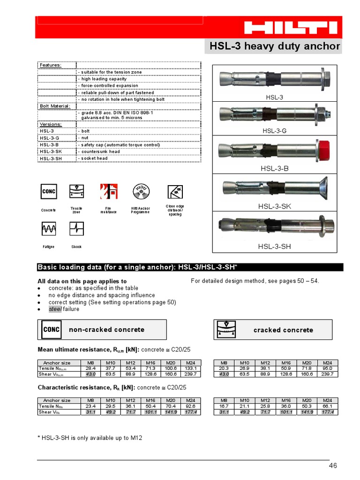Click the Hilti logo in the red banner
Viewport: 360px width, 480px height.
click(291, 28)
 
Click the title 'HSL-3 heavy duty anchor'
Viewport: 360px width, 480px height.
click(274, 46)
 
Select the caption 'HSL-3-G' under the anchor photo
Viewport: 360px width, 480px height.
click(275, 131)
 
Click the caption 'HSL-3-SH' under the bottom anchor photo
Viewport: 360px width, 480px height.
click(274, 246)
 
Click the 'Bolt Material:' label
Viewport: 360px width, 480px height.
click(54, 106)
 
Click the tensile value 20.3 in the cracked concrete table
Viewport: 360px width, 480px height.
click(224, 368)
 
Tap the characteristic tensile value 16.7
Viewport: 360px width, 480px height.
click(224, 406)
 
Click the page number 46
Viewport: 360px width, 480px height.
click(332, 465)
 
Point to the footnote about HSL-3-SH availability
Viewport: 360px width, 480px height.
click(90, 438)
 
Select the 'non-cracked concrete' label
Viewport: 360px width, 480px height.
click(106, 330)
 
